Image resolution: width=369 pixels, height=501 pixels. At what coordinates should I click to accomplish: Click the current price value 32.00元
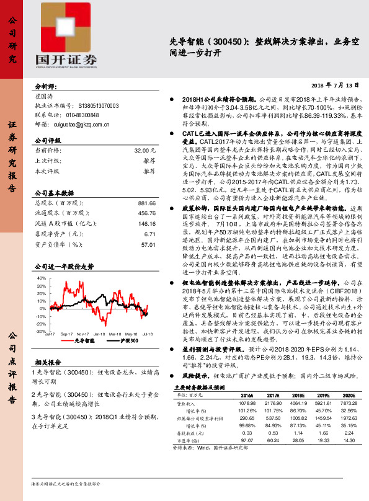click(x=144, y=151)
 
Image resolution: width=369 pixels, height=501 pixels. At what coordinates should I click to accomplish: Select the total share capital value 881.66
click(x=146, y=203)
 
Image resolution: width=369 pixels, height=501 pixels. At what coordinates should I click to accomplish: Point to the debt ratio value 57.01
click(x=148, y=245)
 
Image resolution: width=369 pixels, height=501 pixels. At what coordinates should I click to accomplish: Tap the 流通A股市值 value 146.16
click(x=146, y=224)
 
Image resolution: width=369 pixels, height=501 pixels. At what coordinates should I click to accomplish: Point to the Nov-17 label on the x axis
click(x=82, y=334)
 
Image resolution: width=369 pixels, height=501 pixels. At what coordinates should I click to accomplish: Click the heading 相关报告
click(x=47, y=361)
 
